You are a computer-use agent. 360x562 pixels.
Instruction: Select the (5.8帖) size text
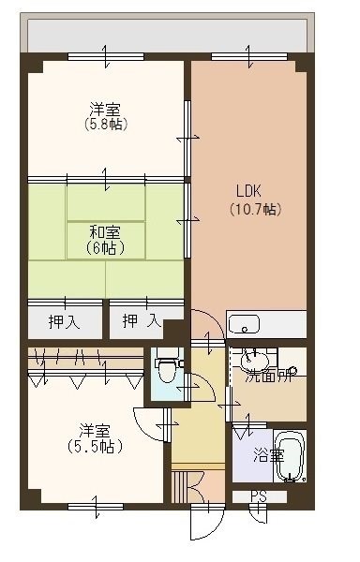(x=105, y=124)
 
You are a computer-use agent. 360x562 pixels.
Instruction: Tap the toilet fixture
(x=166, y=369)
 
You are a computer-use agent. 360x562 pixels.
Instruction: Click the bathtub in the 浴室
(x=291, y=456)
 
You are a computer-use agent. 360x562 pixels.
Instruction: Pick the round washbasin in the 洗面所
(x=254, y=361)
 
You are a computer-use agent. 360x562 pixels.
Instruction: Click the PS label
(x=258, y=497)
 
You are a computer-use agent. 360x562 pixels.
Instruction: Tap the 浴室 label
(x=269, y=455)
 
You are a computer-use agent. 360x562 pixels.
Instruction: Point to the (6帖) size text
(x=105, y=249)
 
